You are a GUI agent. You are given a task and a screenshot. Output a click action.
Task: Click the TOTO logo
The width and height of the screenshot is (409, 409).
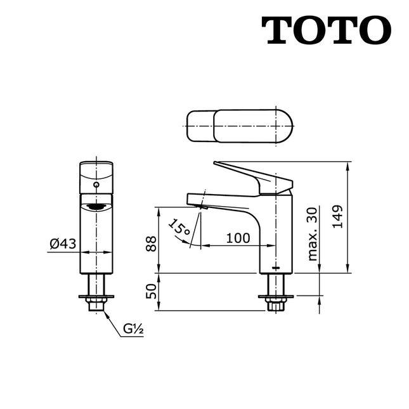click(326, 30)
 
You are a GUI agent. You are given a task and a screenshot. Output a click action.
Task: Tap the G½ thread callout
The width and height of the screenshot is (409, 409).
click(133, 329)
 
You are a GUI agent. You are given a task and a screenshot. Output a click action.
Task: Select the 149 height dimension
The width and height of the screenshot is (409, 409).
click(337, 217)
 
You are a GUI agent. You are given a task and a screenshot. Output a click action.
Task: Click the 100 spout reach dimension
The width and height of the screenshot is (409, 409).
click(237, 238)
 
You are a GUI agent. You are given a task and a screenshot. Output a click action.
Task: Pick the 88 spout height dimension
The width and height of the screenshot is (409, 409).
click(151, 243)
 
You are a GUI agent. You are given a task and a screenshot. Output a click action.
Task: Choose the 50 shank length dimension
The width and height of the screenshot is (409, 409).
click(151, 292)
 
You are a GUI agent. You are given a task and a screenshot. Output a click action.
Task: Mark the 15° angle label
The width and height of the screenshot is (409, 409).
click(179, 227)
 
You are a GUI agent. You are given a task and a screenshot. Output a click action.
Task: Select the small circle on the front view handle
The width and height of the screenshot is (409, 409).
click(96, 184)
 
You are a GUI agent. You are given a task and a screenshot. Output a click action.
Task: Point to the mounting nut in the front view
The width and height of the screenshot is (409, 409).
click(96, 306)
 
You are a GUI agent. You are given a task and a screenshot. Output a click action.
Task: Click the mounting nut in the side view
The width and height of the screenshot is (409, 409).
click(275, 305)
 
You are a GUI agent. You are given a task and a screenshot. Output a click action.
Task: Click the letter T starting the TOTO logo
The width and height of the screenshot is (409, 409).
click(277, 30)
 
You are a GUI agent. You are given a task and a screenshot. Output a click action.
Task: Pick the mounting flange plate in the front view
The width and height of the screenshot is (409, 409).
click(96, 295)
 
